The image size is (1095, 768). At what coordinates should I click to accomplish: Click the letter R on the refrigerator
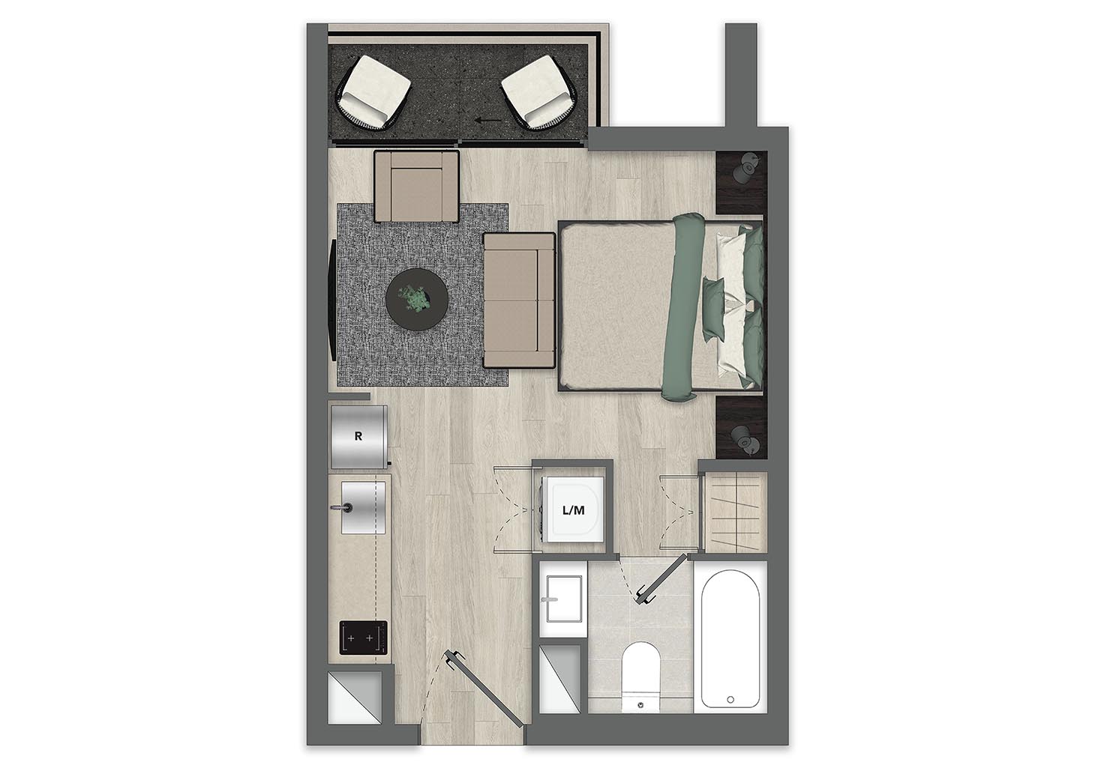(x=358, y=436)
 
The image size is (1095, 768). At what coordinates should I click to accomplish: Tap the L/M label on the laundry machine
(x=574, y=511)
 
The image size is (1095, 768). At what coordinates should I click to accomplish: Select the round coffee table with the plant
(x=417, y=299)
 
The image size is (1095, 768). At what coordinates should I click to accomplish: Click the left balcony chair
(x=373, y=92)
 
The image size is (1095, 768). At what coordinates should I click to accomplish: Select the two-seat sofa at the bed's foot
(x=519, y=300)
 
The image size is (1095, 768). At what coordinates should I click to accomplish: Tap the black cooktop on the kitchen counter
(x=363, y=638)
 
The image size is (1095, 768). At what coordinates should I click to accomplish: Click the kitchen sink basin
(x=363, y=507)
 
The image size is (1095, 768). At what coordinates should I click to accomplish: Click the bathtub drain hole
(x=730, y=700)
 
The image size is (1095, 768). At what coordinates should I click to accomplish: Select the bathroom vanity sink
(x=564, y=599)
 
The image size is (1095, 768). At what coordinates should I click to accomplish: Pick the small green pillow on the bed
(x=715, y=309)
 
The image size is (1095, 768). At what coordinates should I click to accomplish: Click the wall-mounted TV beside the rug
(x=332, y=300)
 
